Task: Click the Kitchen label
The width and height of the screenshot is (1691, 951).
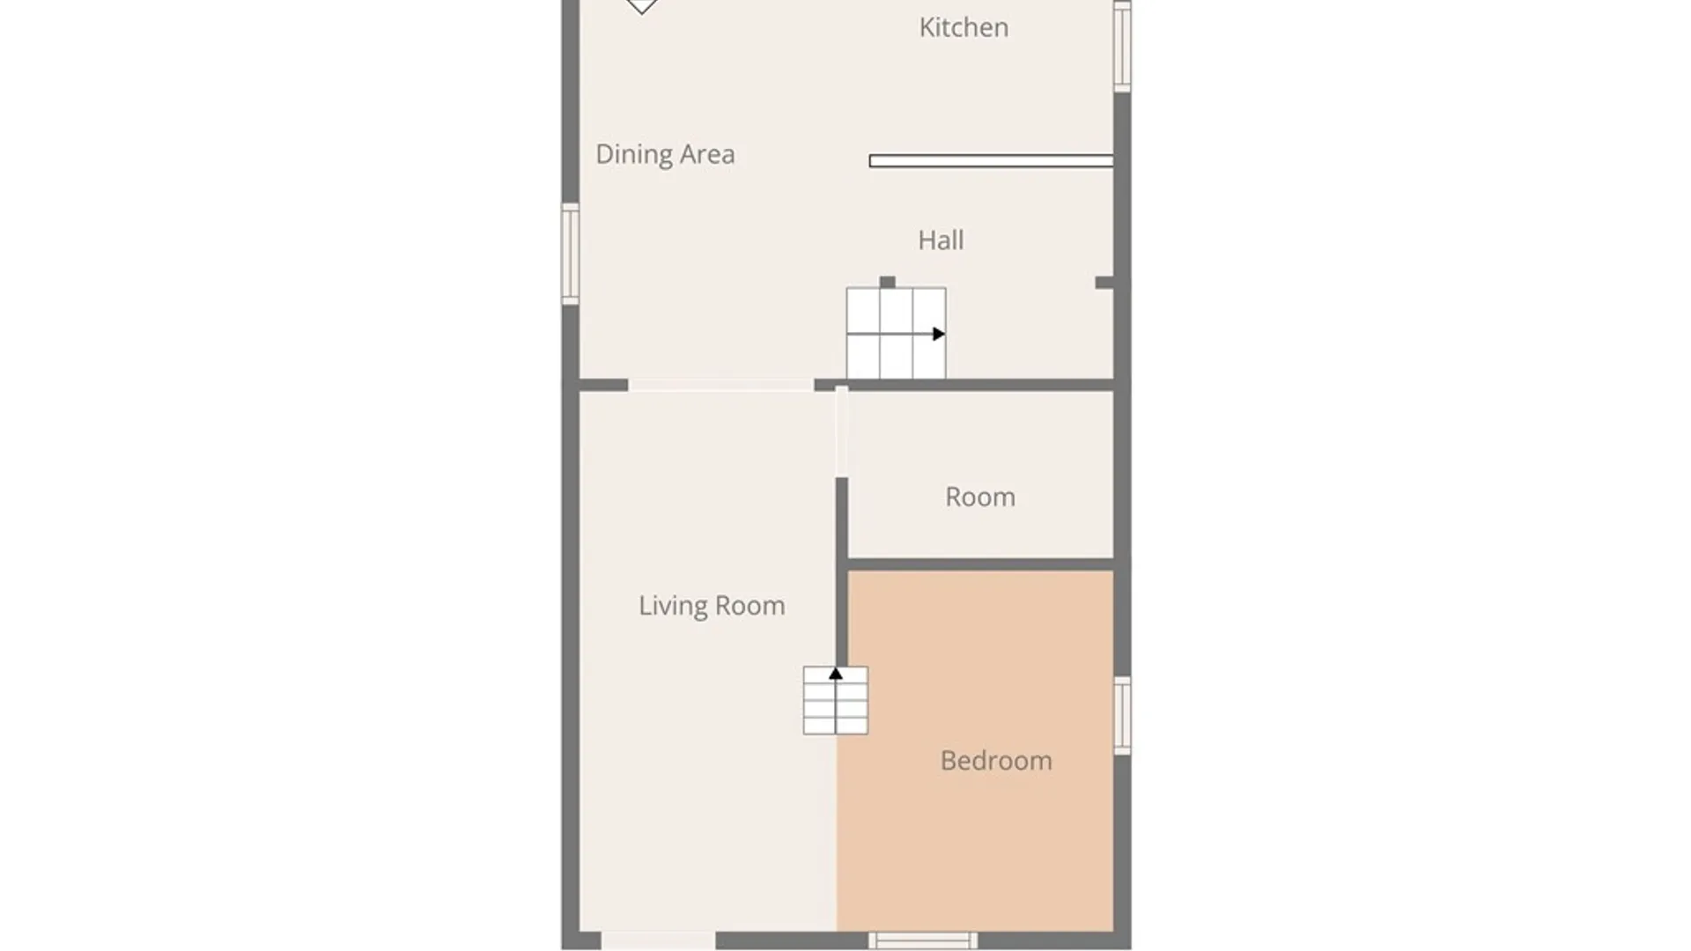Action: point(964,27)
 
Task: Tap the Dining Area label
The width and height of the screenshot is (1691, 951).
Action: point(665,154)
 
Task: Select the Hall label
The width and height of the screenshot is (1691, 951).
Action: point(941,240)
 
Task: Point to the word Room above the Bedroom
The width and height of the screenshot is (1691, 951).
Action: point(980,497)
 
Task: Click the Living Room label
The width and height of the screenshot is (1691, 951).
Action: point(712,606)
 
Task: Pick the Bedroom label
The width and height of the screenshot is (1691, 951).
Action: point(996,761)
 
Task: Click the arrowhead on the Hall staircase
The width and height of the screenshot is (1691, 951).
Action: point(939,334)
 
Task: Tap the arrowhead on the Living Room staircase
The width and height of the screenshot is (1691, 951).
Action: point(836,674)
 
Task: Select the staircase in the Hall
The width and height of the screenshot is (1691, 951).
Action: point(897,333)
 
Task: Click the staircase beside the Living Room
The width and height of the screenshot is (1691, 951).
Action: point(836,701)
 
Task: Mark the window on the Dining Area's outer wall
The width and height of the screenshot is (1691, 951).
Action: point(571,254)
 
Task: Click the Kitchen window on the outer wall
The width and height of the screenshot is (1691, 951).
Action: point(1122,45)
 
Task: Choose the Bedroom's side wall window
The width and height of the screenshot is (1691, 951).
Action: point(1122,716)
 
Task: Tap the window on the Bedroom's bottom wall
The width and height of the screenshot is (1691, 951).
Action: point(923,940)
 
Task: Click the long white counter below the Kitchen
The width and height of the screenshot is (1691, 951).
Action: point(991,161)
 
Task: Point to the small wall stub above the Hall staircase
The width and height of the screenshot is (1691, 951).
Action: point(888,282)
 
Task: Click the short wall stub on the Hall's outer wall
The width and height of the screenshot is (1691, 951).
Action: point(1104,283)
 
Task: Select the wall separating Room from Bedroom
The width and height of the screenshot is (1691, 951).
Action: point(980,564)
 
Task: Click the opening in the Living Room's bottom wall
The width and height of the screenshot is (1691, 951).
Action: point(658,940)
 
